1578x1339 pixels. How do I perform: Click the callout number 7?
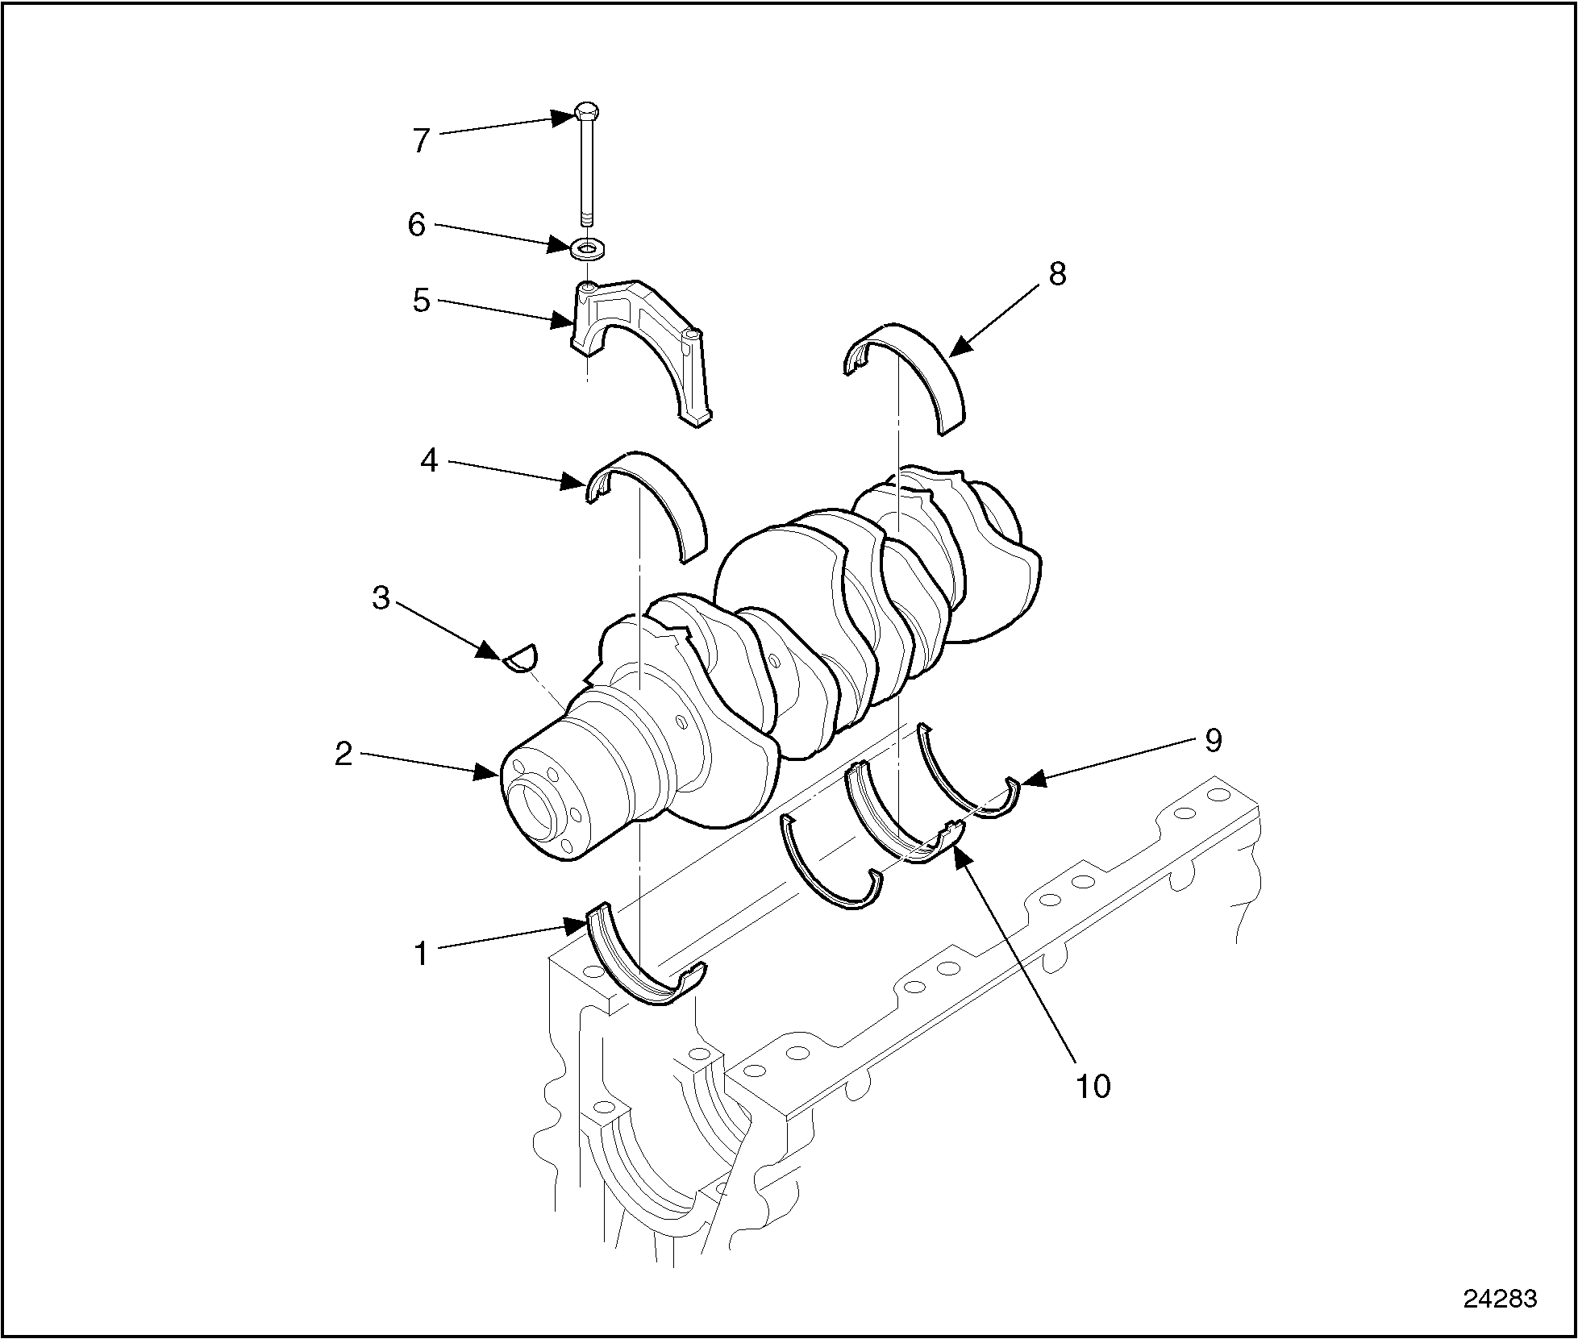pyautogui.click(x=420, y=141)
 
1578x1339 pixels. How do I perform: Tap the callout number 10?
pyautogui.click(x=1093, y=1087)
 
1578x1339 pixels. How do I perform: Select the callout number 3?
pyautogui.click(x=381, y=597)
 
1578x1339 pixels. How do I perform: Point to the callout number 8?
pyautogui.click(x=1057, y=274)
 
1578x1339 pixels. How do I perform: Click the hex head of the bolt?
pyautogui.click(x=588, y=113)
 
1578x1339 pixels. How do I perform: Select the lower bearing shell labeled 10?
pyautogui.click(x=895, y=822)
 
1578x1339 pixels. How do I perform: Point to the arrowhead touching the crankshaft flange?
pyautogui.click(x=489, y=773)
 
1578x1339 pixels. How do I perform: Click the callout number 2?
pyautogui.click(x=343, y=755)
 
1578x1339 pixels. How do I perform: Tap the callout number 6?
pyautogui.click(x=416, y=224)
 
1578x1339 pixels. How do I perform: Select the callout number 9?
pyautogui.click(x=1213, y=739)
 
